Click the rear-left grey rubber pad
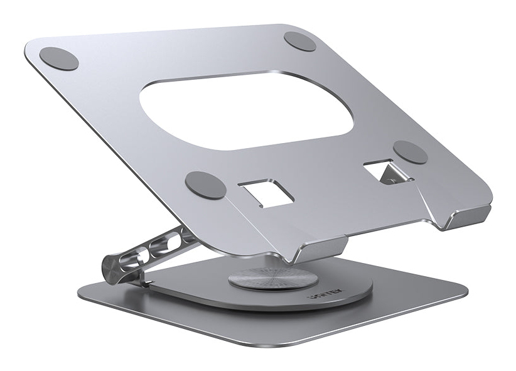(59, 58)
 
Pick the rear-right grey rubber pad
(299, 41)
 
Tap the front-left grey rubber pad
(205, 185)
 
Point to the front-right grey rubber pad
(411, 152)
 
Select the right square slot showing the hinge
(387, 170)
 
